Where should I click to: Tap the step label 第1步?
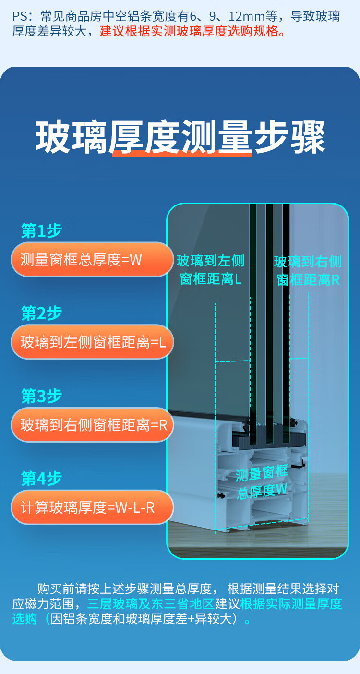pos(41,231)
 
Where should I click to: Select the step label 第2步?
pos(41,313)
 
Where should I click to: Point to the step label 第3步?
pos(41,397)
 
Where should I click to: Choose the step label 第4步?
pos(41,479)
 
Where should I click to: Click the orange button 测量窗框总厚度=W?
pos(91,260)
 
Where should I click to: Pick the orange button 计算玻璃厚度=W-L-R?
pos(91,507)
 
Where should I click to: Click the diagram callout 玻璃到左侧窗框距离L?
pos(210,270)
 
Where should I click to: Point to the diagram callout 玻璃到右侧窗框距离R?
pos(308,271)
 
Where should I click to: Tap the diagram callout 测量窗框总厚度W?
pos(262,482)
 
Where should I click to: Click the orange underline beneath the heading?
pos(182,154)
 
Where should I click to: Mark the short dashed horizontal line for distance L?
pos(232,361)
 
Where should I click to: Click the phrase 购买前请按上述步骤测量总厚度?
pos(124,589)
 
